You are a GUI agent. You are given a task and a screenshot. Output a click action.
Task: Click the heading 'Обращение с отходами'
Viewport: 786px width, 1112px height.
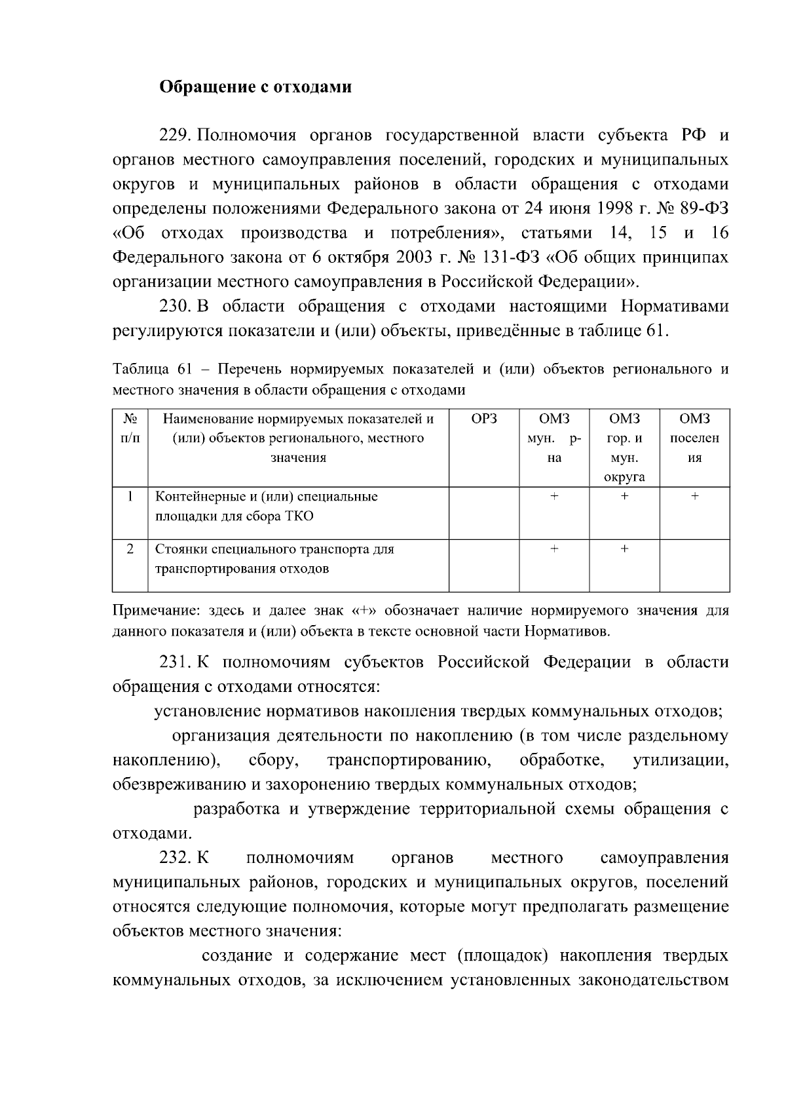256,87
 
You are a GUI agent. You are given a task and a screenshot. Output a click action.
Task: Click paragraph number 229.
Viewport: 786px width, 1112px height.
174,136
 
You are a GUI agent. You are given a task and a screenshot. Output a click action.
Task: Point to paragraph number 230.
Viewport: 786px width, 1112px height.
174,307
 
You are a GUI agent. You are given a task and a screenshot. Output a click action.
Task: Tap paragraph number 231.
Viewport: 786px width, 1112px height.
174,662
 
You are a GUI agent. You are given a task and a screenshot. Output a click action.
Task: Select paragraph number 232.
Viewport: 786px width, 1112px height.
174,858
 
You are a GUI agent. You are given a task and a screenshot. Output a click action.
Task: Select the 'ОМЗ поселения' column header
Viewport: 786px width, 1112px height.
694,438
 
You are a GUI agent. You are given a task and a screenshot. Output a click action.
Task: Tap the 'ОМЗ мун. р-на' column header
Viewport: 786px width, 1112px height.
554,438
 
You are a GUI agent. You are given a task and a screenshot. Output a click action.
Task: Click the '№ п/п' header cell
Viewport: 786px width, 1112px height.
130,429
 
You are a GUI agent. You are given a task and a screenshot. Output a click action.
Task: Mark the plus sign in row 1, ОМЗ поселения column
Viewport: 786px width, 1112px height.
694,497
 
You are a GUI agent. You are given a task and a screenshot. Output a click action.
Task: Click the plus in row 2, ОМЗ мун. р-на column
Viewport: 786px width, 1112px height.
554,549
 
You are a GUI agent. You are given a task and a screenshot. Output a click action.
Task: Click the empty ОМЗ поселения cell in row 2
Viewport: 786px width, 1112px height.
694,565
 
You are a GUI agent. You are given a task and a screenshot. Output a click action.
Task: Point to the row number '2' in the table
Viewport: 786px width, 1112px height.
130,549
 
